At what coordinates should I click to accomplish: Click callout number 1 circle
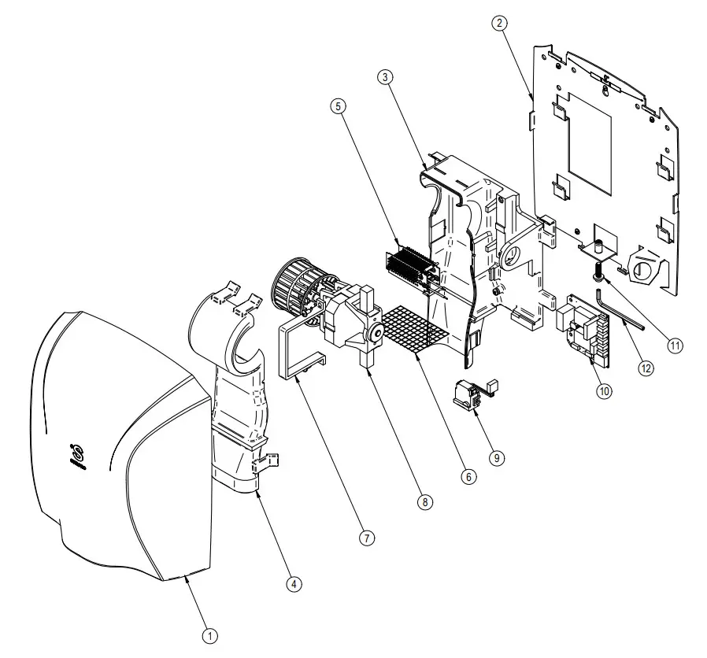click(x=210, y=635)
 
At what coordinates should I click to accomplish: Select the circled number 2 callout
click(x=499, y=23)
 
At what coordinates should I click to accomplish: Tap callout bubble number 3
click(x=385, y=77)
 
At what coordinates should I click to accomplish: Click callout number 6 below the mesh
click(x=469, y=477)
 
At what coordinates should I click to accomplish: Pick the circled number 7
click(x=366, y=538)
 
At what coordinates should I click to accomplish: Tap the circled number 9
click(x=498, y=457)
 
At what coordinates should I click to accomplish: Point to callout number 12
click(x=646, y=367)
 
